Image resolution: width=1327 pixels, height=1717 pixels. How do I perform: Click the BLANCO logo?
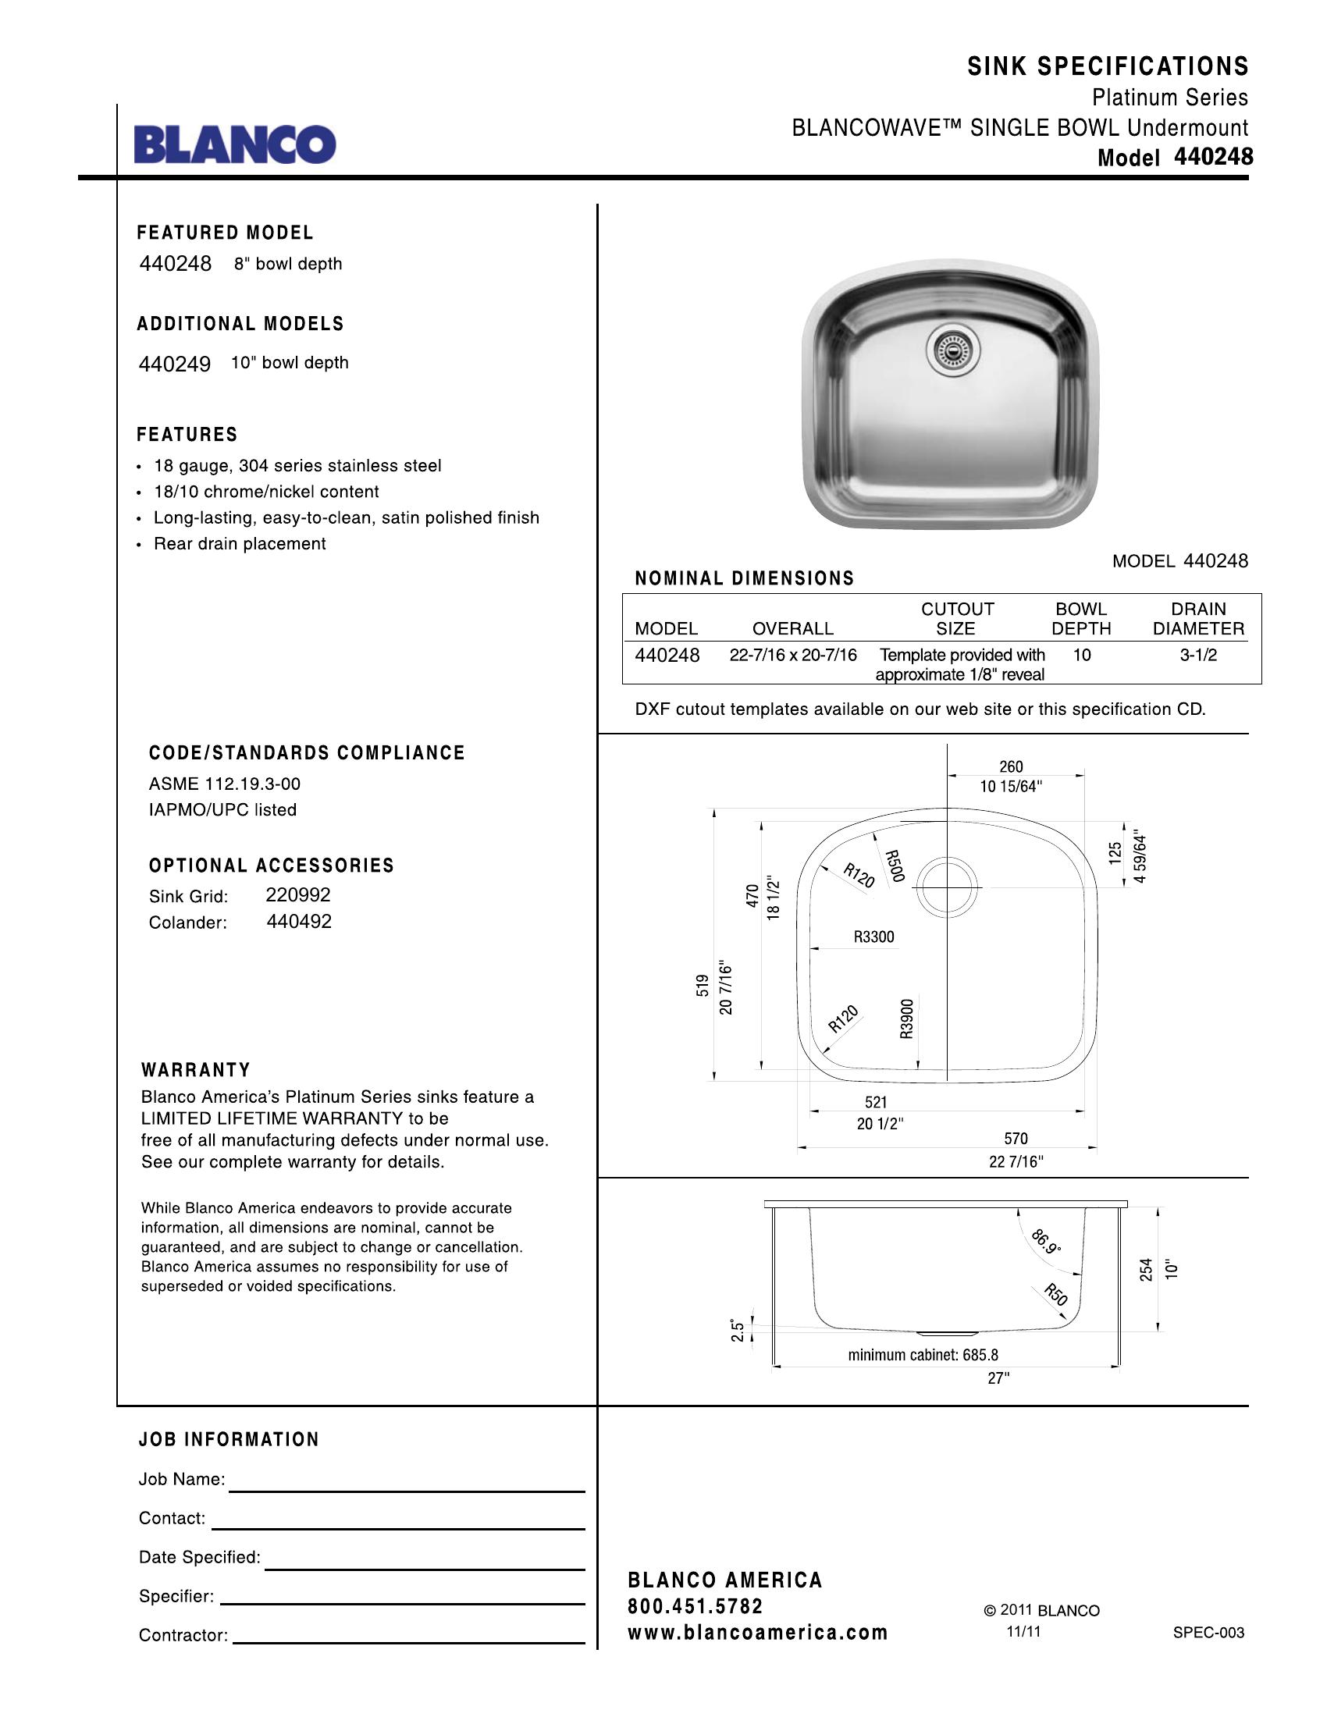click(234, 144)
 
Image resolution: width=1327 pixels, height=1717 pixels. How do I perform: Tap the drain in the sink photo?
click(953, 350)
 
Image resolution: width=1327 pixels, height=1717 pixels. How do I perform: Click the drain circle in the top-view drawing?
click(948, 887)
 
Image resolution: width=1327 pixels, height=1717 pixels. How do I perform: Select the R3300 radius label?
click(873, 937)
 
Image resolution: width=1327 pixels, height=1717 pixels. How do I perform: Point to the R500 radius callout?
click(895, 866)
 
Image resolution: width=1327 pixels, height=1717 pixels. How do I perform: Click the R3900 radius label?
click(907, 1018)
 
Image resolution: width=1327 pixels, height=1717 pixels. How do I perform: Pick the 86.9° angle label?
click(1046, 1242)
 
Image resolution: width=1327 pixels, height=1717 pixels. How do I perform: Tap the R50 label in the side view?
click(1056, 1294)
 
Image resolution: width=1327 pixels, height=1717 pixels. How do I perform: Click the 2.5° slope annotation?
click(738, 1330)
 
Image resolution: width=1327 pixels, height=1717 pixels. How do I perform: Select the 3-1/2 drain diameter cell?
click(1198, 655)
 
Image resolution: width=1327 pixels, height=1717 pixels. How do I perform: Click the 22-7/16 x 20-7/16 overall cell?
click(792, 655)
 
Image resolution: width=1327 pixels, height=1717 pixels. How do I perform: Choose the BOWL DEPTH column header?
click(1081, 619)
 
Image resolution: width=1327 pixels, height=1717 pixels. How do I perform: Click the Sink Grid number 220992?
click(298, 894)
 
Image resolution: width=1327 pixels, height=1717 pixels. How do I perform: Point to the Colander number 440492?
click(299, 922)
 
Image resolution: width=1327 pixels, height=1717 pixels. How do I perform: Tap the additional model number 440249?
click(175, 364)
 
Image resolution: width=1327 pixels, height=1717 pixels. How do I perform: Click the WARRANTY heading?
click(196, 1070)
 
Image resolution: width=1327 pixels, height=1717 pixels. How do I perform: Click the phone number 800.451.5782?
click(695, 1606)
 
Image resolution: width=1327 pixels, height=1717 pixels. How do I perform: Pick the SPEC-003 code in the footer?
click(1208, 1632)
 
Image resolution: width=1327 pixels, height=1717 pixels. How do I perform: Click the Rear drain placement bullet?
click(239, 544)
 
